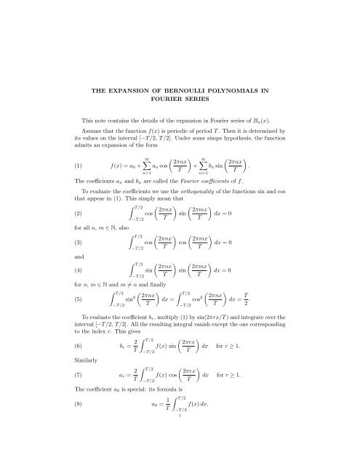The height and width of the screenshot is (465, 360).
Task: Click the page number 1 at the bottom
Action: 179,459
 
